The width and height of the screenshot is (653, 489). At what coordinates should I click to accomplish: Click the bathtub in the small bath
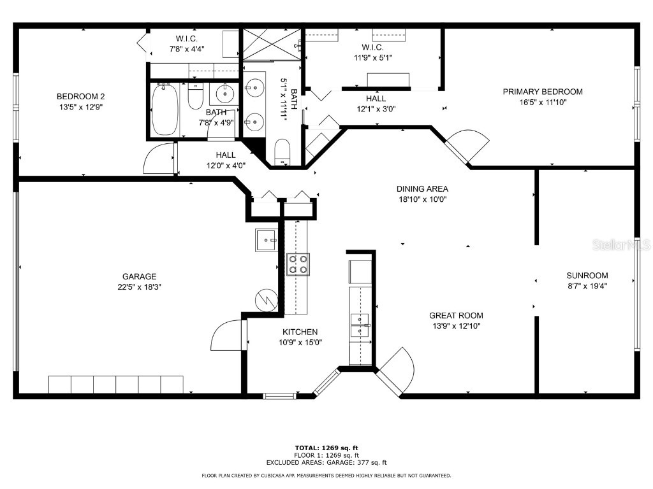pyautogui.click(x=165, y=110)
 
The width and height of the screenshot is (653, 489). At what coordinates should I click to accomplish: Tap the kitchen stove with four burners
pyautogui.click(x=298, y=264)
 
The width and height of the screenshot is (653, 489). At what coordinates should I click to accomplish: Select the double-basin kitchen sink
pyautogui.click(x=360, y=324)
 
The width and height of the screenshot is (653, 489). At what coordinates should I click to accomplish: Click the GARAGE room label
pyautogui.click(x=139, y=276)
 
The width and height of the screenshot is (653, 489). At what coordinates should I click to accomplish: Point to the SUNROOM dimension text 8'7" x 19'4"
pyautogui.click(x=587, y=287)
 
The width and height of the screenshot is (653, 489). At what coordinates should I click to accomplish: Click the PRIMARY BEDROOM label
pyautogui.click(x=542, y=92)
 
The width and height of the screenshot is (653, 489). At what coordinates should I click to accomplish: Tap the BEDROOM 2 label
pyautogui.click(x=80, y=96)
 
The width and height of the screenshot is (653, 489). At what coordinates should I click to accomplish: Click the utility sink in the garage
pyautogui.click(x=266, y=240)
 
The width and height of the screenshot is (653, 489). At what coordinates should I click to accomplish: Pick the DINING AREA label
pyautogui.click(x=422, y=188)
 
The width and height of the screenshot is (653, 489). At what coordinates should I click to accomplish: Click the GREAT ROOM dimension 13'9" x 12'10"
pyautogui.click(x=455, y=326)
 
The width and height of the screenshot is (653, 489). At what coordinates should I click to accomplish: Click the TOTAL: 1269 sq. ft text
pyautogui.click(x=326, y=448)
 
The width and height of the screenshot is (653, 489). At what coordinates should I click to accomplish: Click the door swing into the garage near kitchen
pyautogui.click(x=227, y=336)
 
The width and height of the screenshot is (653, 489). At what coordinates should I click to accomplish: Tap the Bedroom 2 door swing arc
pyautogui.click(x=158, y=159)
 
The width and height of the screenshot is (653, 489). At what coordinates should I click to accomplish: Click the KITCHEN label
pyautogui.click(x=300, y=332)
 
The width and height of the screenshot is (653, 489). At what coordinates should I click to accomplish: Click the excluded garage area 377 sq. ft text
pyautogui.click(x=326, y=463)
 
